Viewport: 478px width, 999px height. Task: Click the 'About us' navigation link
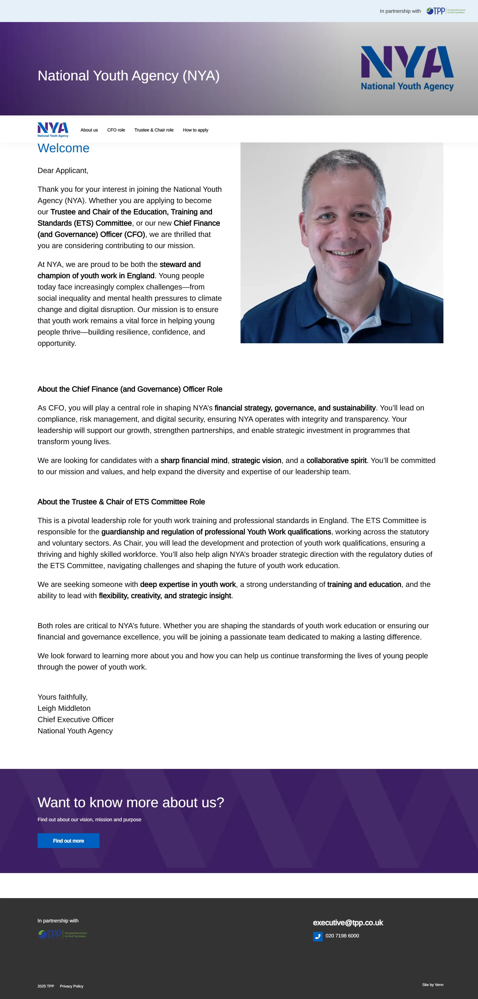tap(89, 130)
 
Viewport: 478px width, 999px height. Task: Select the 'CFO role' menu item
tap(116, 130)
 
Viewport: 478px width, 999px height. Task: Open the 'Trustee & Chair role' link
tap(154, 130)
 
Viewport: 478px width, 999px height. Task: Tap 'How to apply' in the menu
tap(196, 130)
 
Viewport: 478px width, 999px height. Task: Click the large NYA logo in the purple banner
tap(407, 68)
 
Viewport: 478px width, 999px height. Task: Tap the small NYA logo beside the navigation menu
tap(53, 129)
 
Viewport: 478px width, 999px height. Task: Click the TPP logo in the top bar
tap(445, 11)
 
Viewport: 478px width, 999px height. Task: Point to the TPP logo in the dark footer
tap(62, 934)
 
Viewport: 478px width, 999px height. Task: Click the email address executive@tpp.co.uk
tap(348, 923)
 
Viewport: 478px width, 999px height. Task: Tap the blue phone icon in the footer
tap(318, 937)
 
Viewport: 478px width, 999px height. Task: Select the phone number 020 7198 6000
tap(342, 936)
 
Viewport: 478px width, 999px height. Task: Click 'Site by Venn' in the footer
tap(433, 985)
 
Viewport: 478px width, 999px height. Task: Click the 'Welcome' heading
tap(63, 148)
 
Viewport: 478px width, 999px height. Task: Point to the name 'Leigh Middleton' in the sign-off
tap(64, 708)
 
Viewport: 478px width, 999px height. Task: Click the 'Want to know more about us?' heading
tap(131, 802)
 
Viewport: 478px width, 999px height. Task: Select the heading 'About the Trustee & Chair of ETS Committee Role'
tap(121, 502)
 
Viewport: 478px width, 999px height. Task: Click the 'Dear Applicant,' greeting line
tap(63, 171)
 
